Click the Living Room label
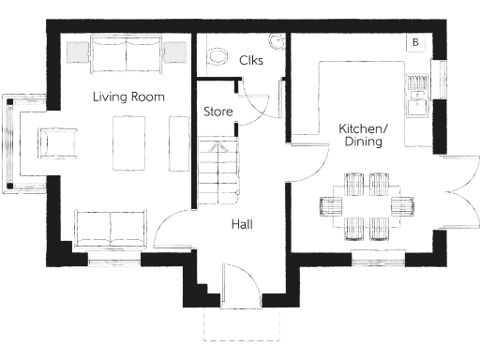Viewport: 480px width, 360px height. pos(128,97)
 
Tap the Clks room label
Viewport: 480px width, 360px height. pos(250,61)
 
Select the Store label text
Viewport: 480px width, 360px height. pos(217,112)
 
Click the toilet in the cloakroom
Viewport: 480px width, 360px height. pos(216,55)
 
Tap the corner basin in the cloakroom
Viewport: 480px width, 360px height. pos(277,41)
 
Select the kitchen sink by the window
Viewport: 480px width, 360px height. pos(414,91)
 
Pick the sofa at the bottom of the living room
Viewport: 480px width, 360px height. pos(112,228)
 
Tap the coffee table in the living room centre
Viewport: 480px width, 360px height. pos(127,142)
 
